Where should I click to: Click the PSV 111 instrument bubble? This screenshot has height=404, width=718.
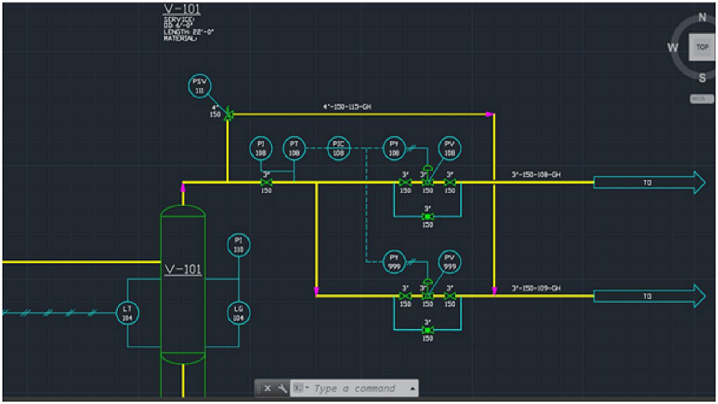point(199,86)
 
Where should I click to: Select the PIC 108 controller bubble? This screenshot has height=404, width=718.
point(338,148)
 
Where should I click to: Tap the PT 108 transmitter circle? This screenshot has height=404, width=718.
point(294,148)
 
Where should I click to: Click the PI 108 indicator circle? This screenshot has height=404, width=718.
point(261,148)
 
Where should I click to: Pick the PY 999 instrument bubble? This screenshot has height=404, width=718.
point(394,262)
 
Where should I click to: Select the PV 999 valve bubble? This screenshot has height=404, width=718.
point(449,262)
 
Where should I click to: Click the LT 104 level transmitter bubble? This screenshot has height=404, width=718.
point(127,313)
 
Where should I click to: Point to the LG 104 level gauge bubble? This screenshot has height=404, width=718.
point(238,313)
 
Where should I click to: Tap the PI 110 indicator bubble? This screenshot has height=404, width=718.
point(238,245)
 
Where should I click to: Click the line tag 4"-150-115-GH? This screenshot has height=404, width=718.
point(347,107)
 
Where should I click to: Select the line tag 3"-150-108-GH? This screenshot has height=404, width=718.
point(536,175)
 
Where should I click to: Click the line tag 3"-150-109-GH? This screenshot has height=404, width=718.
point(536,288)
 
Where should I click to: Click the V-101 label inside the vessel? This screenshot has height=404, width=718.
point(183,269)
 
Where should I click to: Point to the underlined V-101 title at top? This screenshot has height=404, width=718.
point(182,9)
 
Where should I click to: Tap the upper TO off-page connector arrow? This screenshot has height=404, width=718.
point(648,183)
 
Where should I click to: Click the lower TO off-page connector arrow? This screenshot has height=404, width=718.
point(648,296)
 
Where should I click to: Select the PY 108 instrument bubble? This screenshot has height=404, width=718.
point(394,148)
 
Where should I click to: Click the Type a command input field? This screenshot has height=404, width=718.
point(355,388)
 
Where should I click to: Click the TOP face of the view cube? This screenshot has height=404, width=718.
point(702,47)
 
